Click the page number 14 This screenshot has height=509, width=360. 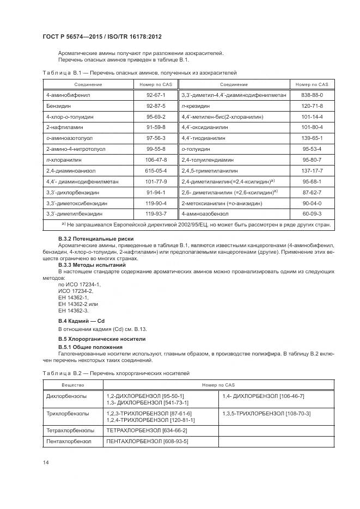tap(45, 463)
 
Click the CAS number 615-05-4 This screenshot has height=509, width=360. tap(156, 170)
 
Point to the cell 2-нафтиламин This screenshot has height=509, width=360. tap(62, 127)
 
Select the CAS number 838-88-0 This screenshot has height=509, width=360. tap(312, 95)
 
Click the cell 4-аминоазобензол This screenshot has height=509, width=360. tap(206, 214)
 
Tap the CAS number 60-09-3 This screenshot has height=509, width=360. tap(312, 214)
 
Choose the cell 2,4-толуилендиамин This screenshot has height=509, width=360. tap(208, 160)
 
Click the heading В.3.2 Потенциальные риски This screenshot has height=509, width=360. tap(95, 239)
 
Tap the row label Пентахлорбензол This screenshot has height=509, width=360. tap(69, 441)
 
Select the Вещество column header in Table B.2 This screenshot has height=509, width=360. tap(72, 385)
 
